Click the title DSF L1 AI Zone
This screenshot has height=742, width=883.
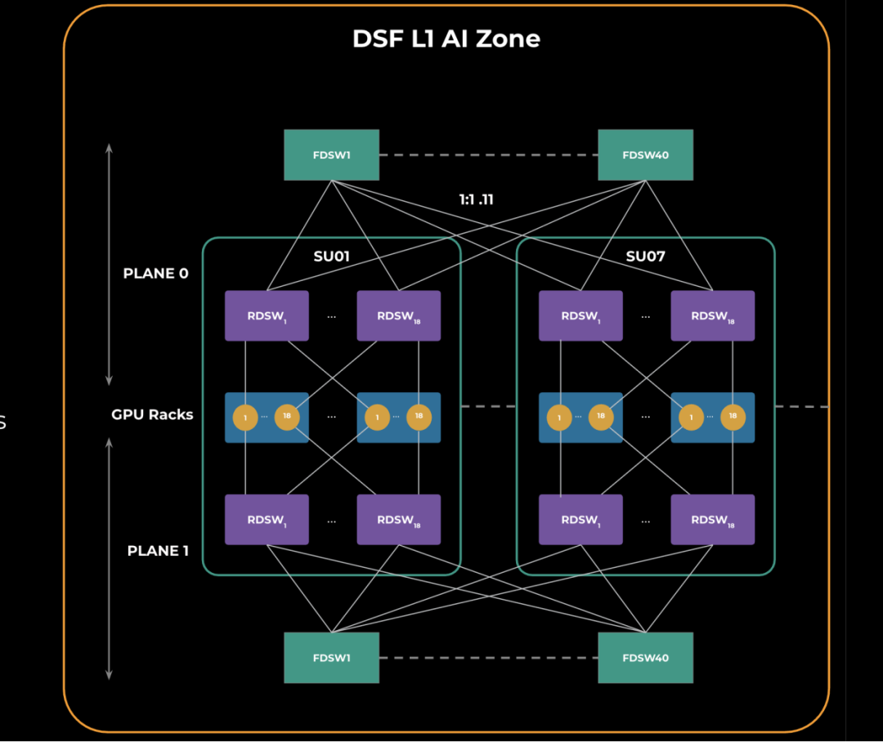446,38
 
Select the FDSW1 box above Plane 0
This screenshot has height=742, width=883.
331,154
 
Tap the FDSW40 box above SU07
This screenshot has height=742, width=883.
645,154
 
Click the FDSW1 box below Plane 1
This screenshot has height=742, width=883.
331,658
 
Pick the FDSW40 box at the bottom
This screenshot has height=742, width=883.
645,658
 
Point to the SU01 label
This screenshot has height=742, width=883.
331,257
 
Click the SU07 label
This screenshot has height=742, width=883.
645,257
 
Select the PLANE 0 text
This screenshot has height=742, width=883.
155,273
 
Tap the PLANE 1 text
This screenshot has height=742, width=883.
158,551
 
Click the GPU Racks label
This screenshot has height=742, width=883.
152,414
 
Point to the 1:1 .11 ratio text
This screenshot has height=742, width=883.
476,199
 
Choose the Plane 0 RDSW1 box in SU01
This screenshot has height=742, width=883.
267,315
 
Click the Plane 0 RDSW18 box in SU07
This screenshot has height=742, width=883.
712,315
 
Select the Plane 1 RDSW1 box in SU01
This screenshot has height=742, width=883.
267,520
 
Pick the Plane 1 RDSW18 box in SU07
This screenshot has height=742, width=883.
712,520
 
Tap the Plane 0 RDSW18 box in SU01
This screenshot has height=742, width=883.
398,315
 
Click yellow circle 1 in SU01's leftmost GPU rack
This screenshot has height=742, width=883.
245,418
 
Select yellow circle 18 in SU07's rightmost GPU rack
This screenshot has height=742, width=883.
733,417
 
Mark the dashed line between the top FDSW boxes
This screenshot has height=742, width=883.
488,154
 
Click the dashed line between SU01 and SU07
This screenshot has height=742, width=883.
488,406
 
